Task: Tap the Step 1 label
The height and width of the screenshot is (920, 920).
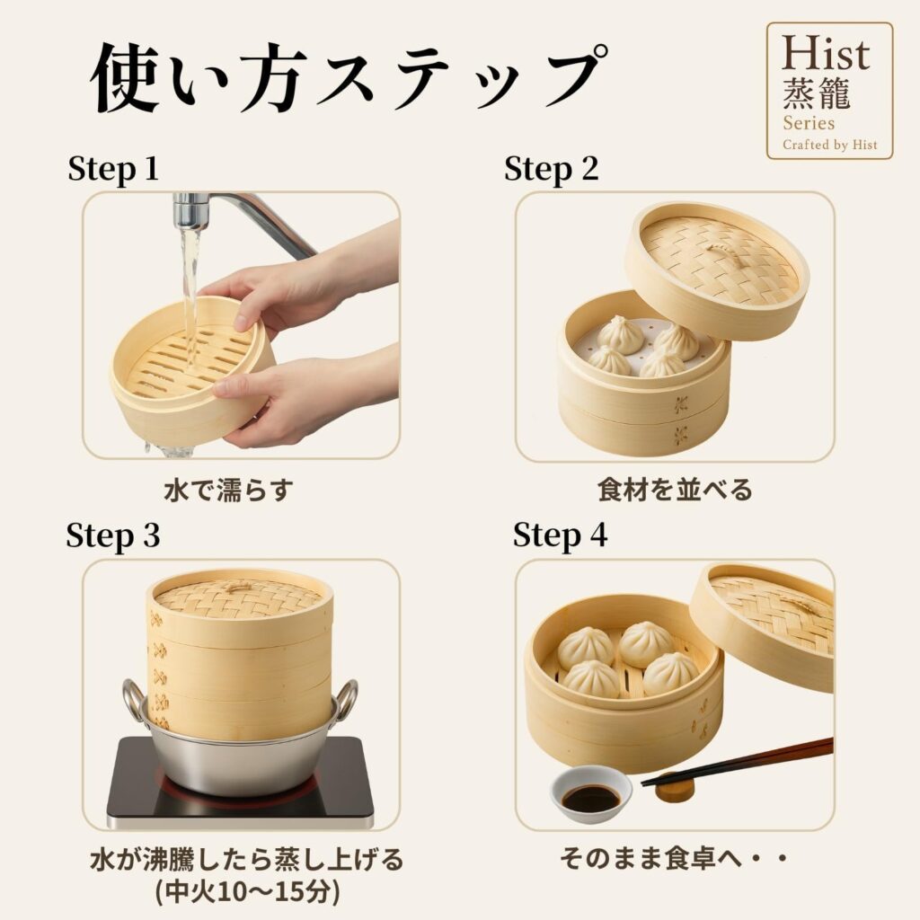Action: (x=113, y=169)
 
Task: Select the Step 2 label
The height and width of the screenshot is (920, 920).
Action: (x=551, y=169)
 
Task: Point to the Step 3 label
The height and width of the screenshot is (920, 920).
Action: (x=112, y=535)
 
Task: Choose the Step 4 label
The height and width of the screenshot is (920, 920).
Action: (x=560, y=535)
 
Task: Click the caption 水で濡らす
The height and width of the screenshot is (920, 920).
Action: (x=228, y=490)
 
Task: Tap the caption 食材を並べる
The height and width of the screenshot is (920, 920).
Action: (x=675, y=490)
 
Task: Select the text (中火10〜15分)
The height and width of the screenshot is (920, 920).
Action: (x=248, y=893)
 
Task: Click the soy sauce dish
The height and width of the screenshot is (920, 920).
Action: (x=591, y=794)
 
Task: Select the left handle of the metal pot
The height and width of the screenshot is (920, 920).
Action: (x=134, y=701)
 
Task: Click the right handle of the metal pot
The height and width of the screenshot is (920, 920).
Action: (x=344, y=701)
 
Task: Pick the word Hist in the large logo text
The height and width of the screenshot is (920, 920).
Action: (x=826, y=53)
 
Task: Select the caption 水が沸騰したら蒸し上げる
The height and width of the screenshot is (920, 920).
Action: (x=247, y=860)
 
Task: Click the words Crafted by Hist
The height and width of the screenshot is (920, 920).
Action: (x=829, y=145)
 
